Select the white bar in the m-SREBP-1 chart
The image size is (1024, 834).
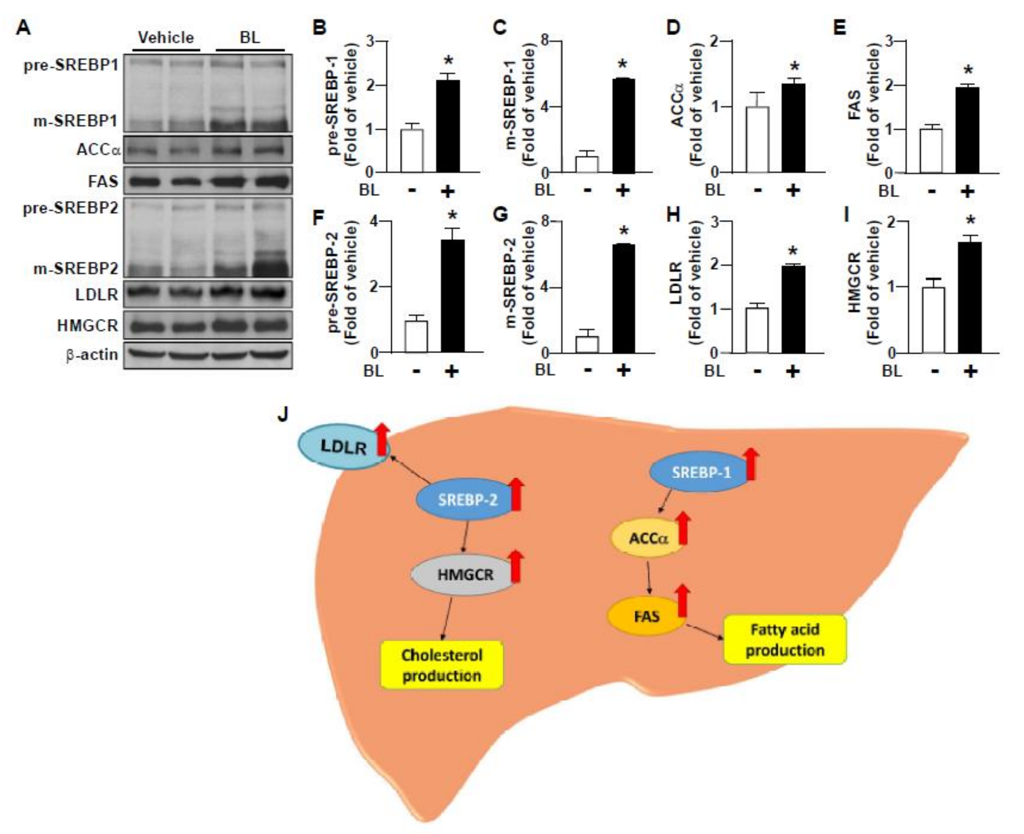tap(587, 164)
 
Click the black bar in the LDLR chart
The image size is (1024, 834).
tap(793, 309)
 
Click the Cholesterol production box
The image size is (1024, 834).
tap(442, 665)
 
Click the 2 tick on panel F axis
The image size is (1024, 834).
tap(372, 287)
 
